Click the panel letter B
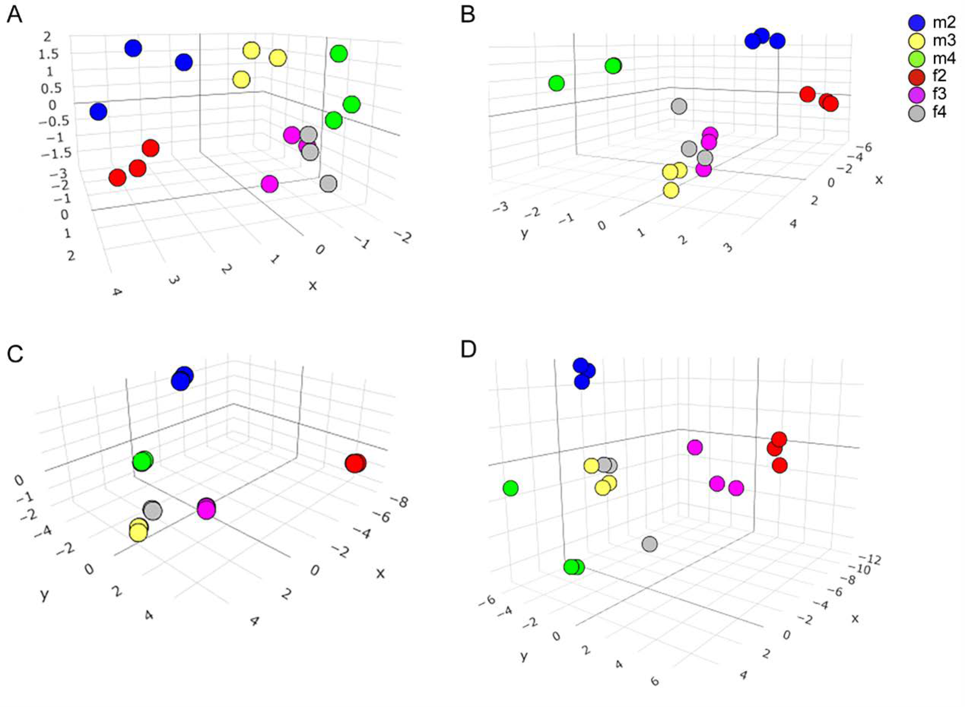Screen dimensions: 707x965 pos(468,16)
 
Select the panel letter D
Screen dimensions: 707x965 pos(468,351)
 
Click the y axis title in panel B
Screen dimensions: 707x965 pos(524,234)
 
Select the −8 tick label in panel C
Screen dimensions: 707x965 pos(399,501)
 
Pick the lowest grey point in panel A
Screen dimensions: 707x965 pos(328,184)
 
